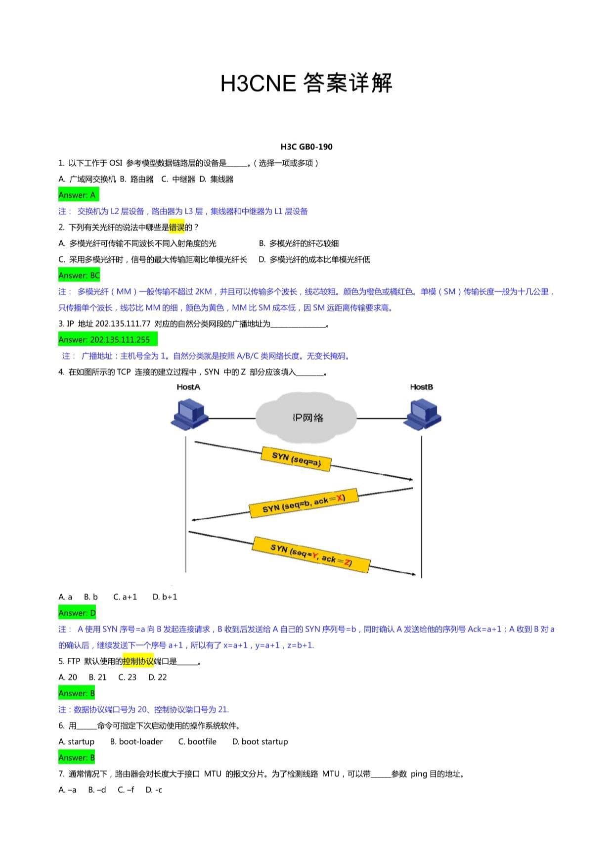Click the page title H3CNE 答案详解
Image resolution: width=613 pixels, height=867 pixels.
click(306, 83)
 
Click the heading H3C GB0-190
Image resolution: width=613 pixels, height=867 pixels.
click(306, 147)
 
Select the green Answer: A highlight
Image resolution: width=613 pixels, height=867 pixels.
click(78, 195)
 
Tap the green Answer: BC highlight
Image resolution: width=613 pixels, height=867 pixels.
click(79, 275)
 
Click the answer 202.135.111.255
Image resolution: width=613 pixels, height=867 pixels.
click(120, 340)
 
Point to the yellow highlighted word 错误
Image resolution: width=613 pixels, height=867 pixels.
click(176, 228)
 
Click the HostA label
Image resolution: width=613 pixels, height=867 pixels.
click(188, 387)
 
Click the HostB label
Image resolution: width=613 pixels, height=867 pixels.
click(422, 387)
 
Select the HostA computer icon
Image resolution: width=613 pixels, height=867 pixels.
click(189, 414)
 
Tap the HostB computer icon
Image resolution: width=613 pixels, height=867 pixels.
click(423, 414)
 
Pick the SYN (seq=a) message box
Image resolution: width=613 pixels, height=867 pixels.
click(296, 459)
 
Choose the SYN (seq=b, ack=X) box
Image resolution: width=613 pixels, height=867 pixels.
click(304, 503)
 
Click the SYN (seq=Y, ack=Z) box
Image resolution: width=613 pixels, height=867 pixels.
click(311, 554)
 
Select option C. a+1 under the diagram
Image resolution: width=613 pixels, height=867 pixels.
click(125, 597)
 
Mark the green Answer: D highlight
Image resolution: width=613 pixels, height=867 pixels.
click(77, 613)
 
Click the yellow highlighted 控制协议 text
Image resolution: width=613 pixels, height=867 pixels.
click(138, 661)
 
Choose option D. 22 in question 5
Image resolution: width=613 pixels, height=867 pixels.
click(158, 678)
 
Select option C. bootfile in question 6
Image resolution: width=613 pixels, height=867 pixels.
click(197, 742)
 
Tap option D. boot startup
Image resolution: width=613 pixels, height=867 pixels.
click(260, 742)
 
